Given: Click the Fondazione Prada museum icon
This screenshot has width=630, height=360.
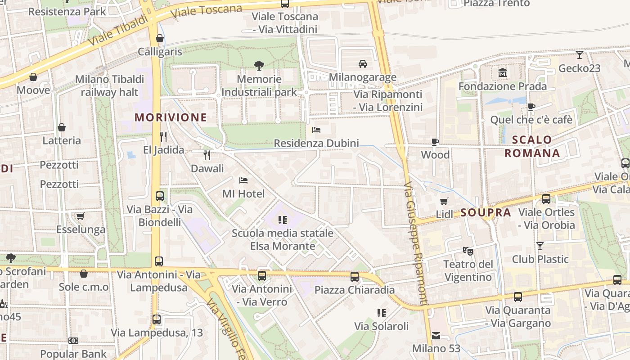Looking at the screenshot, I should click(502, 72).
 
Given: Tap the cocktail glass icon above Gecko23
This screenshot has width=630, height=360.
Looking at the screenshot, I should click(579, 55).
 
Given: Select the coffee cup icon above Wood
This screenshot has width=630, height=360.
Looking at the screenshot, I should click(435, 142).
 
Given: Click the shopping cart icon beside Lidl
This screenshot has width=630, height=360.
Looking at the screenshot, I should click(444, 201).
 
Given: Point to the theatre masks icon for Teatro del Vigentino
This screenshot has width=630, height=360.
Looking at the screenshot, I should click(468, 251).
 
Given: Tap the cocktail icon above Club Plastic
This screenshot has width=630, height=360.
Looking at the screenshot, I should click(540, 246).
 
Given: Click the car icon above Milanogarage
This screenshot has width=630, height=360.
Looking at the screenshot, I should click(362, 63).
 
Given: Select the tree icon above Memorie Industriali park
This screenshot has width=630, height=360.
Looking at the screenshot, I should click(259, 66).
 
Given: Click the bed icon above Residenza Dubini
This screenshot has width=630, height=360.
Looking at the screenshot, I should click(316, 130).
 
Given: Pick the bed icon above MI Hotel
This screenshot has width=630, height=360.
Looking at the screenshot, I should click(243, 180).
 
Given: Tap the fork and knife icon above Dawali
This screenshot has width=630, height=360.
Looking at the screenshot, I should click(207, 155).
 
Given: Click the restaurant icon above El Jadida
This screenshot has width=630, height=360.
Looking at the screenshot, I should click(163, 136).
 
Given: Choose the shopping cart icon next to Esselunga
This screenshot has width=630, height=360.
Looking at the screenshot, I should click(81, 216).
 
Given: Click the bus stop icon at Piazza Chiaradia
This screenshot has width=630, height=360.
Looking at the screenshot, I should click(355, 276).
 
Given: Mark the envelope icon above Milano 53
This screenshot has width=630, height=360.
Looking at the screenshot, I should click(436, 335).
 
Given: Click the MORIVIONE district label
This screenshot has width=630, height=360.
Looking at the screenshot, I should click(171, 117).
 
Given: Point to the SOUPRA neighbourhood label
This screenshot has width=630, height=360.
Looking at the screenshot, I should click(486, 212).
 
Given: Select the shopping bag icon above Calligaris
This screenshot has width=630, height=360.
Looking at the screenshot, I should click(159, 38).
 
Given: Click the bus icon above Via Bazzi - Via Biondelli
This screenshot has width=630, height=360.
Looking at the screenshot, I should click(159, 196).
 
